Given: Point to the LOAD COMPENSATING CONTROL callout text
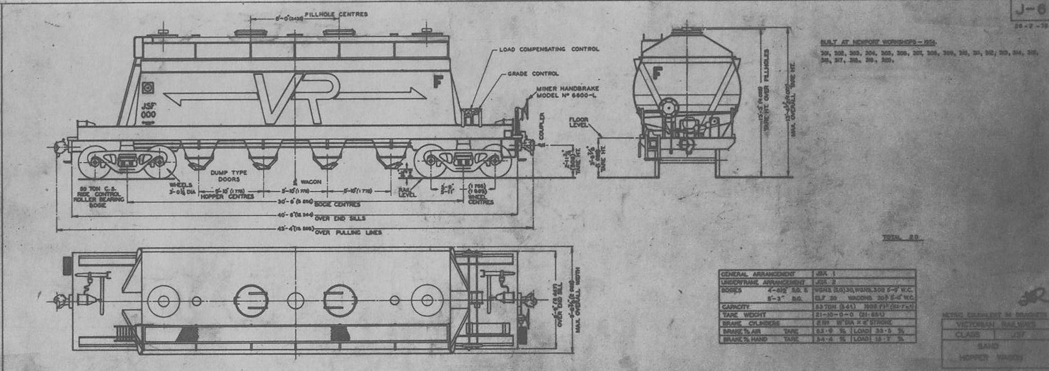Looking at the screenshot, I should click(x=549, y=50).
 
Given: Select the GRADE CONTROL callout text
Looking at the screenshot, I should click(x=532, y=74).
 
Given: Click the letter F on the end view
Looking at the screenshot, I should click(x=658, y=71).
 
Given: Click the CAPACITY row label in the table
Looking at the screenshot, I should click(x=738, y=307).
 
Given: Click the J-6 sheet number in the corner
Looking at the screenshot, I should click(x=1029, y=10).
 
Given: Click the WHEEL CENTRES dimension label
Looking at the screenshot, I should click(x=481, y=201).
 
